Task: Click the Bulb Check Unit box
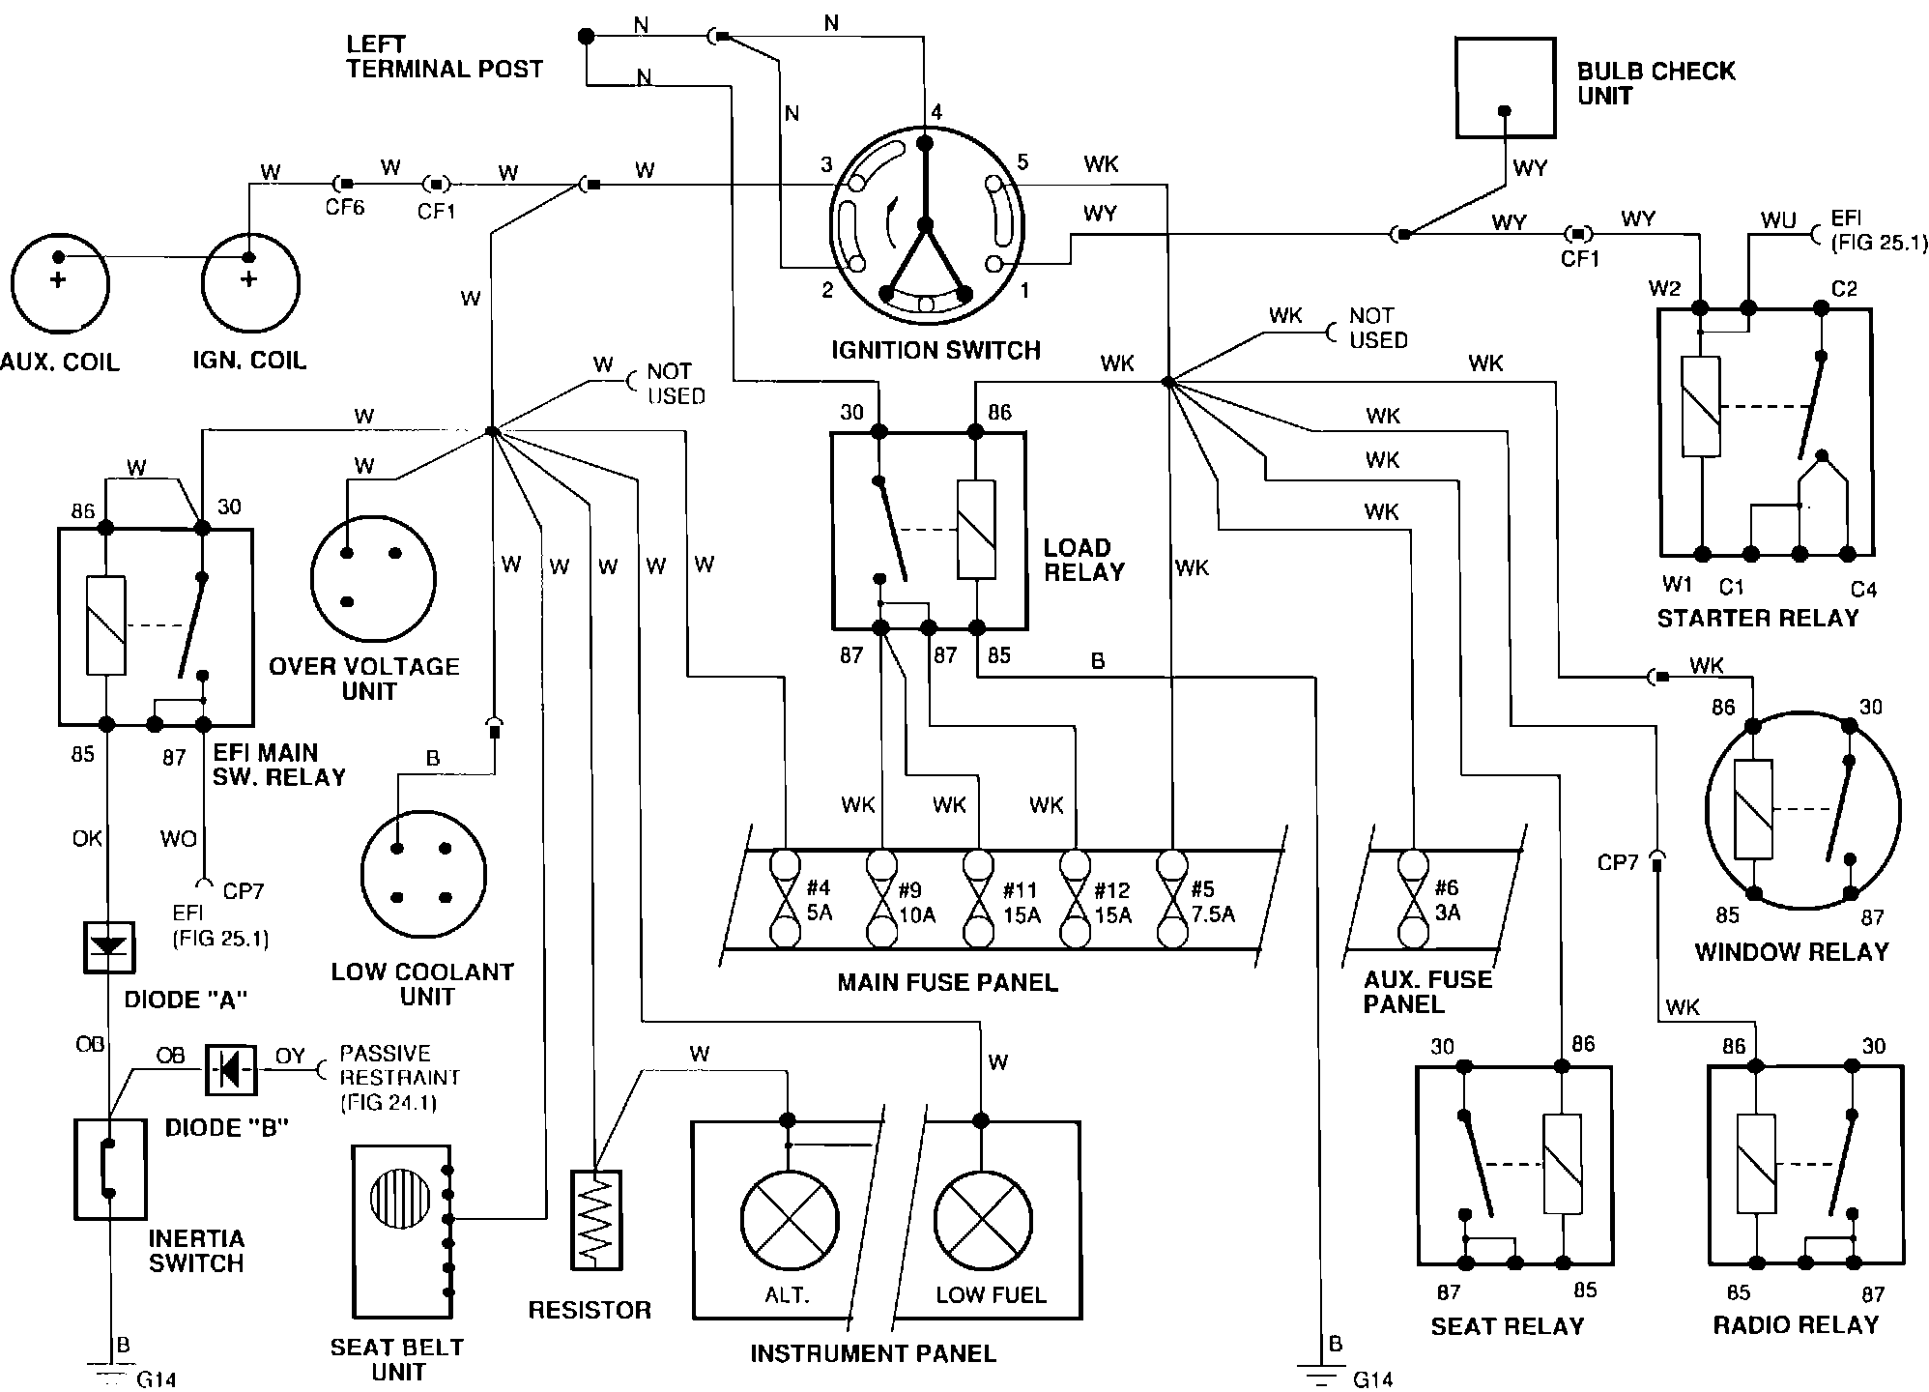[x=1505, y=88]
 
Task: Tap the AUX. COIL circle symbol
[x=60, y=284]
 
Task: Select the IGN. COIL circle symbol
[x=249, y=284]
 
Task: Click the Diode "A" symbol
[x=107, y=947]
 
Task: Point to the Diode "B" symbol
[x=231, y=1068]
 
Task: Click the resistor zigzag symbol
[x=595, y=1220]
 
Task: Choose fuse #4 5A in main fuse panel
[x=785, y=899]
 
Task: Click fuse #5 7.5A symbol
[x=1172, y=899]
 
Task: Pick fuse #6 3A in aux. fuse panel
[x=1413, y=899]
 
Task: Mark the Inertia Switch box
[x=109, y=1168]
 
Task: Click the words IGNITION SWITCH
[x=936, y=350]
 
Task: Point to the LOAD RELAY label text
[x=1083, y=560]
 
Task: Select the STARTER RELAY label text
[x=1757, y=618]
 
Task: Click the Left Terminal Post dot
[x=585, y=37]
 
